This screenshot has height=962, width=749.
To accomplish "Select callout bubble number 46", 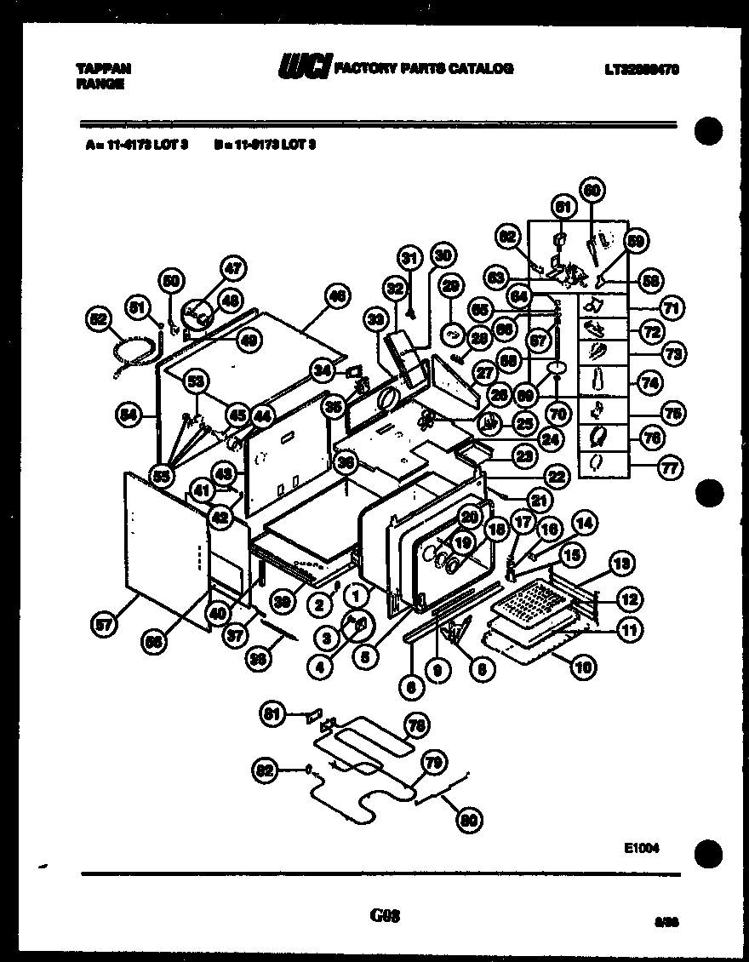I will click(337, 297).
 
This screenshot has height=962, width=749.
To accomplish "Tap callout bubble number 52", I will click(100, 319).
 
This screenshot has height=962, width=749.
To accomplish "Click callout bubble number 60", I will click(592, 189).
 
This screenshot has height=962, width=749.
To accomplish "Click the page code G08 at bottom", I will click(385, 916).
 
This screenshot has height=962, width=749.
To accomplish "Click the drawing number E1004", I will click(642, 848).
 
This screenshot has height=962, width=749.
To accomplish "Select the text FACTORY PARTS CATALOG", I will click(423, 69).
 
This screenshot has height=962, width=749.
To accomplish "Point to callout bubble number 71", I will click(672, 307).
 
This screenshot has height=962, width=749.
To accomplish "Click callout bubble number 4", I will click(320, 667).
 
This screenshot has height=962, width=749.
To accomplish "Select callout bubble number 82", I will click(266, 771).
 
